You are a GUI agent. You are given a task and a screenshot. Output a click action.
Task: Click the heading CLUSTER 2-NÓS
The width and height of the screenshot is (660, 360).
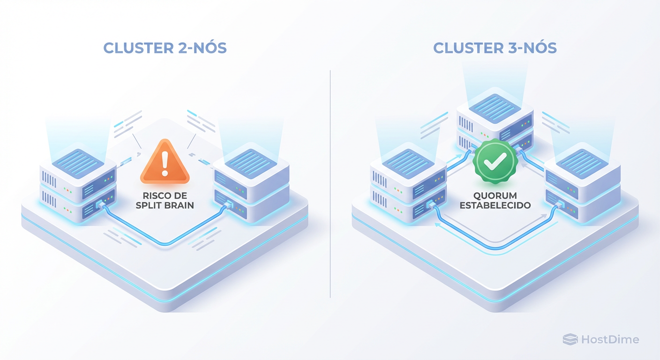point(165,48)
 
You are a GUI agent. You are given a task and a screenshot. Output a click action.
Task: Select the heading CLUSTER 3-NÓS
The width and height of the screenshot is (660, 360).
point(495,48)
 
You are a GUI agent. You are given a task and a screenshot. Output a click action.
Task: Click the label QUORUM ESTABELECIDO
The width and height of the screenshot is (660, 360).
point(495,201)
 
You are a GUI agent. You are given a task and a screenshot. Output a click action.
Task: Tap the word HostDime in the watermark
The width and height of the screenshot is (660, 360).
point(610,339)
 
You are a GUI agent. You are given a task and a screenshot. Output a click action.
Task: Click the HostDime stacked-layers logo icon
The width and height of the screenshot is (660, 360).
point(570,339)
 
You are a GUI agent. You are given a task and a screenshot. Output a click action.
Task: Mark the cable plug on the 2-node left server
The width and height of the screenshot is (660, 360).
point(100,205)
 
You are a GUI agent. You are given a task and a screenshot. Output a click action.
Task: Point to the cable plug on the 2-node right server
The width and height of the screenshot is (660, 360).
point(229,205)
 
